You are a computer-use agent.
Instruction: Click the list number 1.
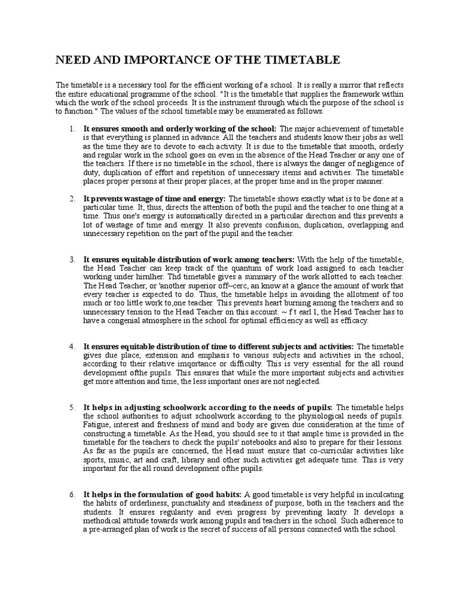pyautogui.click(x=71, y=128)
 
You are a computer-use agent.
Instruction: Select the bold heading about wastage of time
pyautogui.click(x=154, y=198)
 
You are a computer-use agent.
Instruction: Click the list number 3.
pyautogui.click(x=71, y=259)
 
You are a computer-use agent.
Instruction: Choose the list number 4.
pyautogui.click(x=71, y=347)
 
